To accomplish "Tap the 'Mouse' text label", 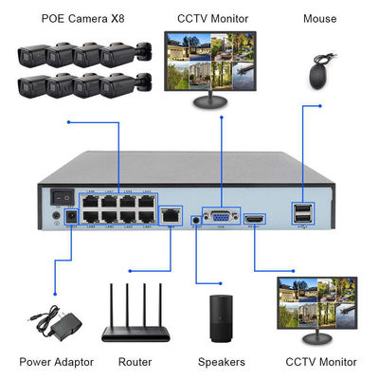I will click(319, 19).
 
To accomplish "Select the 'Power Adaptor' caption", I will click(56, 362).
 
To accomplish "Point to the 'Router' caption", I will click(135, 362).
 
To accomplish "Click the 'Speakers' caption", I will click(223, 362).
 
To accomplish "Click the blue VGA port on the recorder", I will click(220, 216).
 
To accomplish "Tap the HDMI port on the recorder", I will click(254, 219).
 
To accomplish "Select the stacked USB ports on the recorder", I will click(301, 214).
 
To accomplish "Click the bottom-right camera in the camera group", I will click(123, 88).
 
